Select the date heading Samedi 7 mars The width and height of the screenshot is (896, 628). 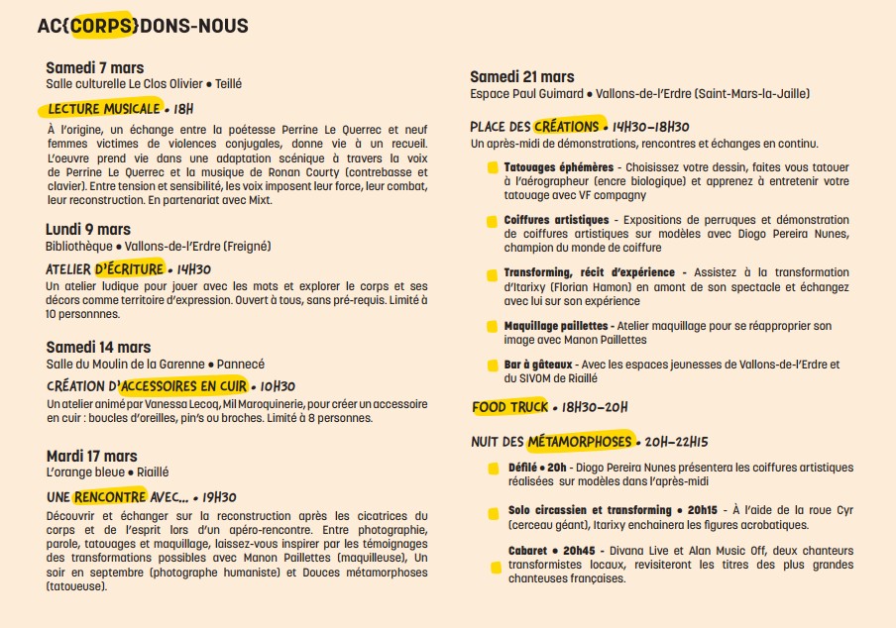(95, 67)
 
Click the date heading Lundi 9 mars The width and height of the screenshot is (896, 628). (88, 230)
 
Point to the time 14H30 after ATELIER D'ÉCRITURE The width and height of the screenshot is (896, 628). (193, 269)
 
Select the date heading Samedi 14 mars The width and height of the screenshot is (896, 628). (98, 347)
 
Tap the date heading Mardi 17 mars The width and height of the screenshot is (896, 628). (91, 456)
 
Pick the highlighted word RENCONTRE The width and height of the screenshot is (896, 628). (109, 496)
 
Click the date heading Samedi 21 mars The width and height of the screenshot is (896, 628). (521, 76)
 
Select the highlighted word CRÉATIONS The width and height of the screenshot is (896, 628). (566, 127)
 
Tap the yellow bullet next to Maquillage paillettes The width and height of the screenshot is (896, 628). (493, 326)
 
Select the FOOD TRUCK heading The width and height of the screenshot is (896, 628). (509, 407)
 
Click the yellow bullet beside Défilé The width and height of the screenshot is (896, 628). (493, 469)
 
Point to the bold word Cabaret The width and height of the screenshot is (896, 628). (526, 551)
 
